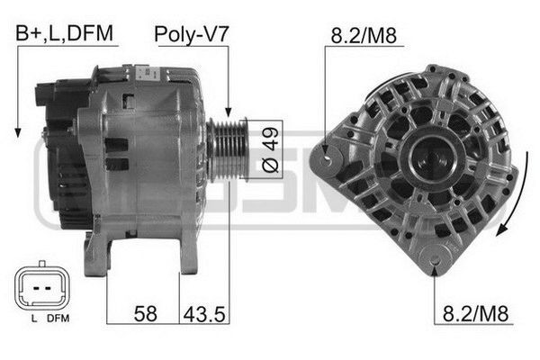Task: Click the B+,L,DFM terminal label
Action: [x=62, y=33]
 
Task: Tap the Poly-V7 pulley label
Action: [x=192, y=33]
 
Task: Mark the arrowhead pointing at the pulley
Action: [x=229, y=113]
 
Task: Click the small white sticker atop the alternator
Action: [x=145, y=68]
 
